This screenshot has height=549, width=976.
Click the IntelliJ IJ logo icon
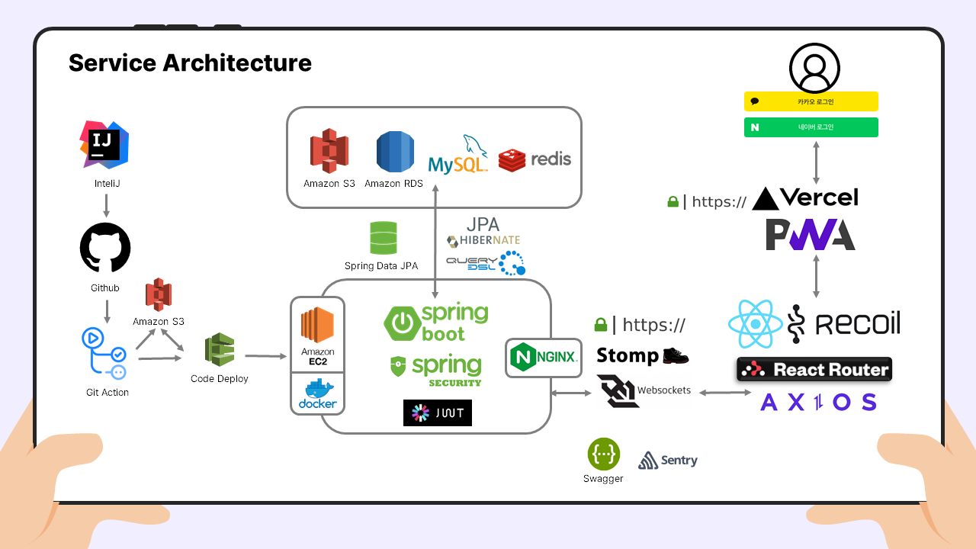(104, 143)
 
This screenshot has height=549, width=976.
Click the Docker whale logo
(317, 393)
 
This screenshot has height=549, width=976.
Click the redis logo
(535, 159)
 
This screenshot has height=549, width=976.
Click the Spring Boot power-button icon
(402, 323)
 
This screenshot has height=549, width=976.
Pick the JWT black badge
(438, 413)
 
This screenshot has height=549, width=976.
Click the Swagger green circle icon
(603, 454)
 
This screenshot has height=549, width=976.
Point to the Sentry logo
(667, 460)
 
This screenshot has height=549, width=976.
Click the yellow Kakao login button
(811, 101)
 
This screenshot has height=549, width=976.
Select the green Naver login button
(811, 127)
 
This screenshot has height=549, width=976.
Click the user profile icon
(814, 67)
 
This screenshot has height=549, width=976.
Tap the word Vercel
(820, 197)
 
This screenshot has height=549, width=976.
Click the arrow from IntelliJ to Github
(105, 204)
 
